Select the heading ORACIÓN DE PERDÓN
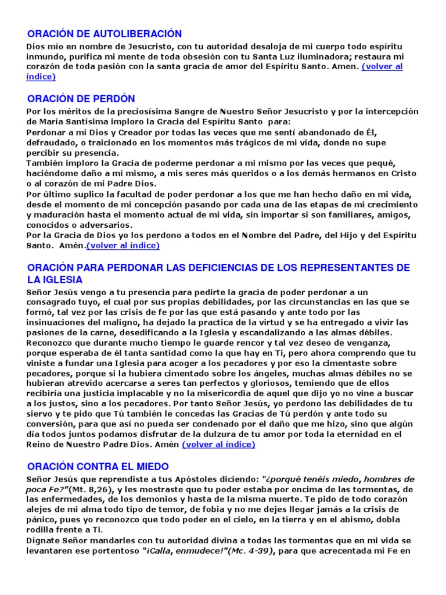pyautogui.click(x=81, y=98)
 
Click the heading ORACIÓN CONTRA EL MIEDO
pyautogui.click(x=98, y=467)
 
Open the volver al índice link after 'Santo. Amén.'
pyautogui.click(x=123, y=245)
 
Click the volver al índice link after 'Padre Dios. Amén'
pyautogui.click(x=218, y=445)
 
